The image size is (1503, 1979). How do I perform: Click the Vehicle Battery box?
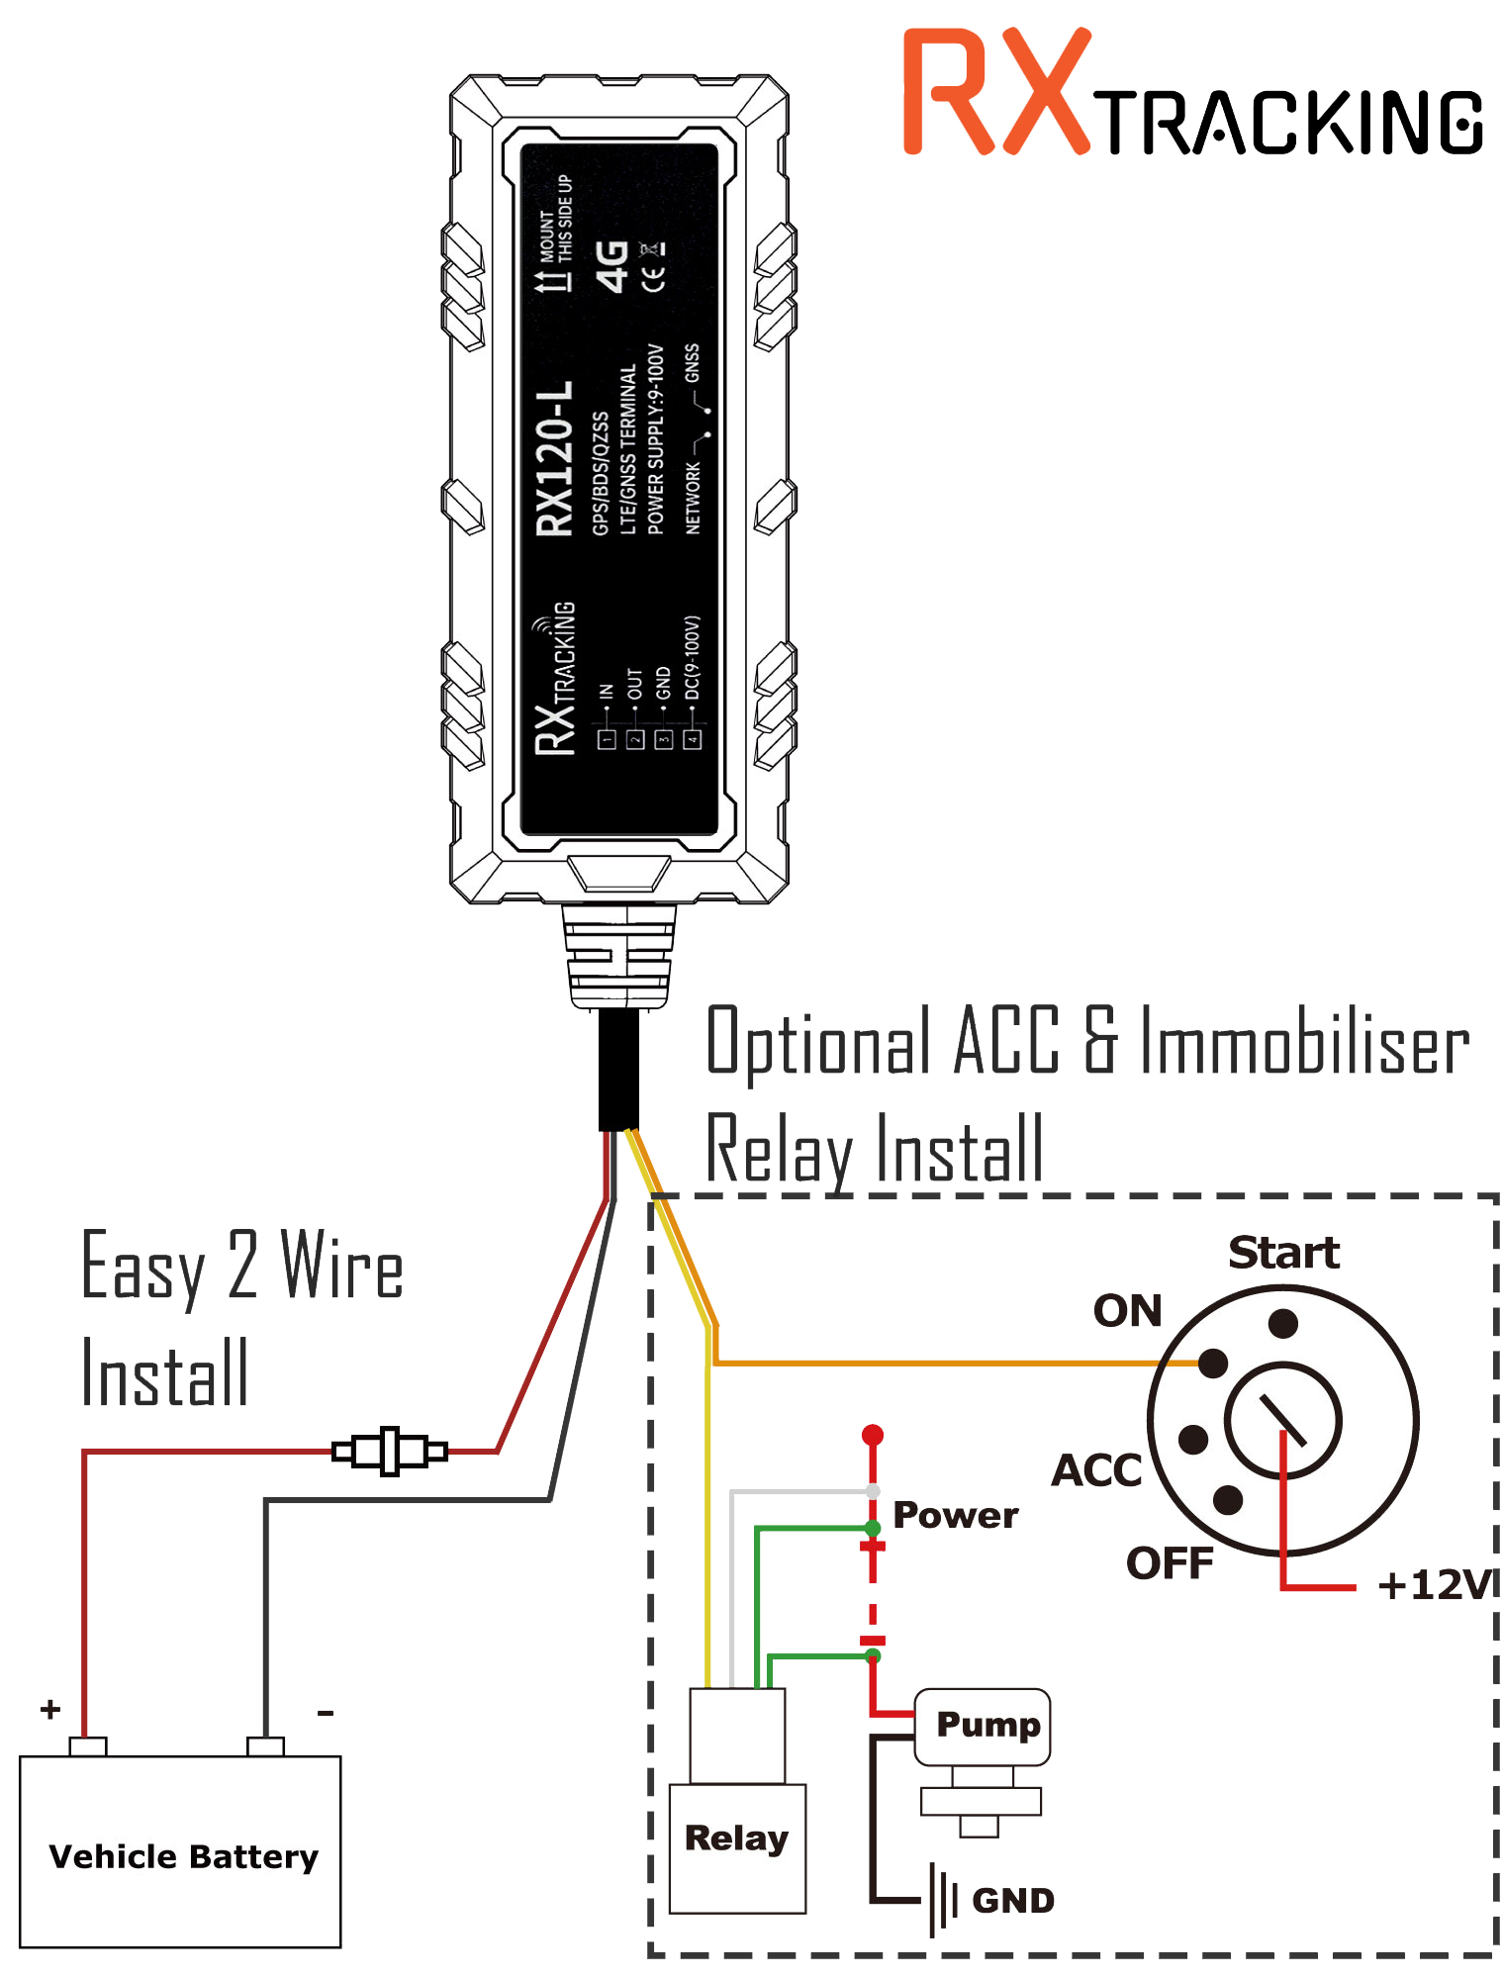click(180, 1852)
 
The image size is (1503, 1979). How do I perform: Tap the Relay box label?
click(736, 1838)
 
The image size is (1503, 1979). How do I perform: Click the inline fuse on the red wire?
click(390, 1452)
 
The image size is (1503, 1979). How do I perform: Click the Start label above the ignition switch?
click(1283, 1253)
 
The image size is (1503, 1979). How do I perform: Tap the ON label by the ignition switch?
click(1127, 1311)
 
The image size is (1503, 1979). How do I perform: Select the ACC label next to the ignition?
click(1096, 1470)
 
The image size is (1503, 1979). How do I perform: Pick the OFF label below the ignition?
click(1169, 1563)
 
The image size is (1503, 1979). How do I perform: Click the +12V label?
click(1435, 1585)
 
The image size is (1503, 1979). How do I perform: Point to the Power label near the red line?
click(955, 1515)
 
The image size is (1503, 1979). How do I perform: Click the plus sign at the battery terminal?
click(50, 1709)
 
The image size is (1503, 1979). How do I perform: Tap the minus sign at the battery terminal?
click(326, 1712)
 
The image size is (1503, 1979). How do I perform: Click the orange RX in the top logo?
click(995, 93)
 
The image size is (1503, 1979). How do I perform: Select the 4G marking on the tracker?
click(612, 266)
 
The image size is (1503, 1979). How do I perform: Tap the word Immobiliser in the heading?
click(1304, 1043)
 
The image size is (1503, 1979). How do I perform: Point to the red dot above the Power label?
click(872, 1435)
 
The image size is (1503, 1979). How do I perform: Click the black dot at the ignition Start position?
click(1282, 1323)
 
